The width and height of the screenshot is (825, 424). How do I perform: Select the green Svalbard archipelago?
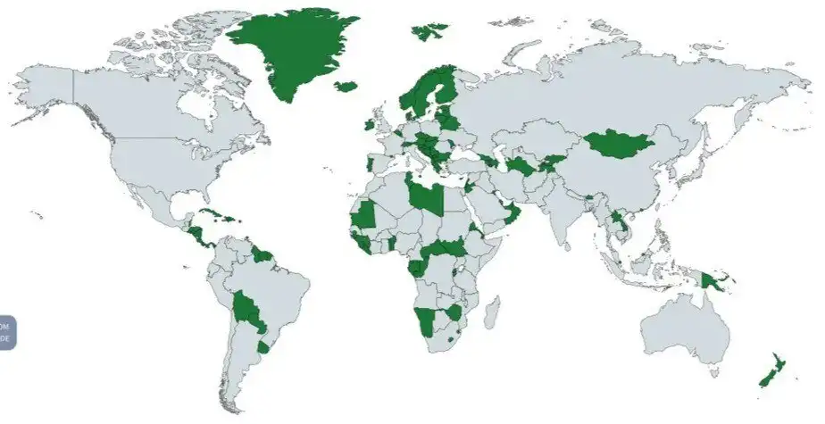pos(429,32)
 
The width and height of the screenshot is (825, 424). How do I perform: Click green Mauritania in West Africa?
pos(364,214)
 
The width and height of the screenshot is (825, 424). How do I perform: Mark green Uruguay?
pos(262,346)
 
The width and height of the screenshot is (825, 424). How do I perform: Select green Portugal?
pos(371,163)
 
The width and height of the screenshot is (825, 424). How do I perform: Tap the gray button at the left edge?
pos(7,332)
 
